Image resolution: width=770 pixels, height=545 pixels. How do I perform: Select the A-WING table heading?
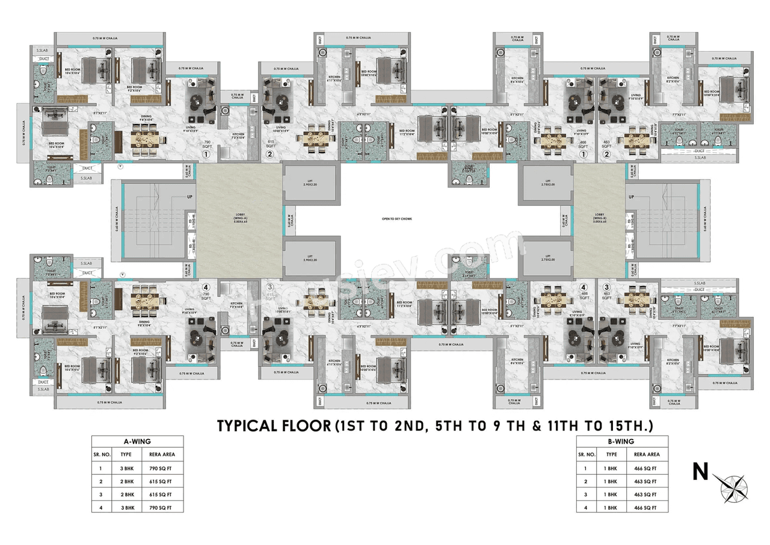coord(138,441)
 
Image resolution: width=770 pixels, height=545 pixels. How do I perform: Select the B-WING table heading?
coord(621,441)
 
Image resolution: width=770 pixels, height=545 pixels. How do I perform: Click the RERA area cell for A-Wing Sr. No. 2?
coord(161,481)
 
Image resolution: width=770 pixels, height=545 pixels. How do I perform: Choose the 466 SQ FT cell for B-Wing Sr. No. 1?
coord(645,468)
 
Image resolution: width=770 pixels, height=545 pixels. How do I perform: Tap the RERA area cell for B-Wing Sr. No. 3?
coord(645,494)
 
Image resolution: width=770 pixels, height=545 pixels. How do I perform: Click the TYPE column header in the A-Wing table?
coord(126,455)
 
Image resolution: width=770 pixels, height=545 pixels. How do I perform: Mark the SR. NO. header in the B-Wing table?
coord(586,455)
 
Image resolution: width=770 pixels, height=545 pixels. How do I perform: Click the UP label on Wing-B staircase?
coord(631,197)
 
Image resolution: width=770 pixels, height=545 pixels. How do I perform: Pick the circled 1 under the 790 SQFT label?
coord(206,154)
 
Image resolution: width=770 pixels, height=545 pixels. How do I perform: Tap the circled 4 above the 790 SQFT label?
coord(206,287)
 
